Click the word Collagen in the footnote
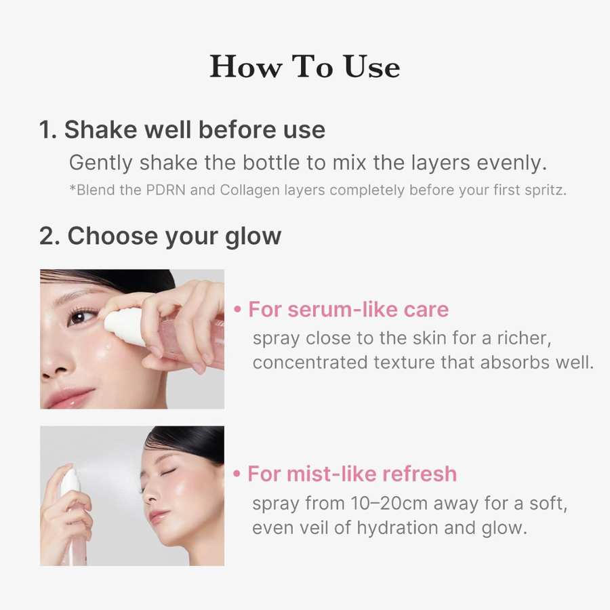pos(245,190)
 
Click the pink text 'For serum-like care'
pos(348,310)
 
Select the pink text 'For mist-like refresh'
pos(352,473)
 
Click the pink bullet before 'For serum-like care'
pos(237,310)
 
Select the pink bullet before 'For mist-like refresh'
pos(237,473)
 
